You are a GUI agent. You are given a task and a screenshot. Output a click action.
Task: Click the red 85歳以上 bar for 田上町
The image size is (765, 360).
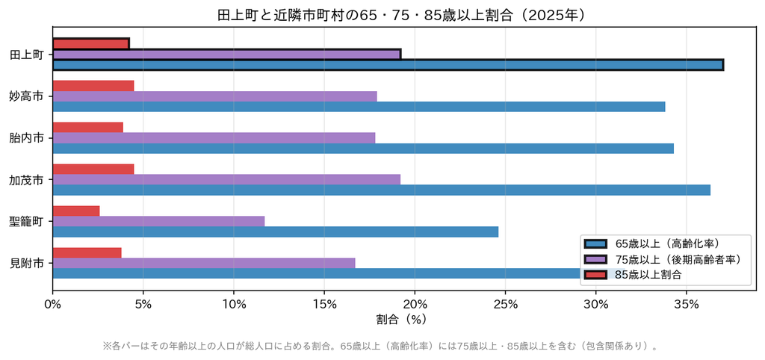pos(90,43)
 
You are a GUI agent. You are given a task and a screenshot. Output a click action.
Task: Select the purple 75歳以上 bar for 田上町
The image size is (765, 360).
pos(227,54)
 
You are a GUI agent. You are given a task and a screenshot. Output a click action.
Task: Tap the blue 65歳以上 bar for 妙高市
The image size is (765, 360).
pos(359,106)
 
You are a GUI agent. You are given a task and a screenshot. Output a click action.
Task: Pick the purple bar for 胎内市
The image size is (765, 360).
pos(214,137)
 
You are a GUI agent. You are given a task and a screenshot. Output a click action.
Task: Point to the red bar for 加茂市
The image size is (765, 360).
pos(93,169)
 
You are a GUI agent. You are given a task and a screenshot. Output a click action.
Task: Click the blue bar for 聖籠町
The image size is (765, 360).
pos(275,232)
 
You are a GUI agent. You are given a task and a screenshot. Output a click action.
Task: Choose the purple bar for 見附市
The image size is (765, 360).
pos(203,263)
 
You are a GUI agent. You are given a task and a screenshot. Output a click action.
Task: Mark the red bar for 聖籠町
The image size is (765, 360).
pos(76,211)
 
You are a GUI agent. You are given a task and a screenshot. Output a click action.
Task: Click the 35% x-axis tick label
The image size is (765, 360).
pos(687,304)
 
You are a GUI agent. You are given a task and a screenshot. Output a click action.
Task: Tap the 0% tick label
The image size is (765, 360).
pos(52,304)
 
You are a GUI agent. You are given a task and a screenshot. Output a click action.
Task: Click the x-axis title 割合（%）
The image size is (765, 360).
pos(401,320)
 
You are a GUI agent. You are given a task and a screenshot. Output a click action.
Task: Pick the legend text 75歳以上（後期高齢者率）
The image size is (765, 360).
pos(678,259)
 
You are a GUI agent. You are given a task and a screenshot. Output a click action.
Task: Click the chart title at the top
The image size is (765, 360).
pos(401,15)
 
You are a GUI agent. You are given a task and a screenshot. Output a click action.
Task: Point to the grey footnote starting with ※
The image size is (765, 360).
pos(380,347)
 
